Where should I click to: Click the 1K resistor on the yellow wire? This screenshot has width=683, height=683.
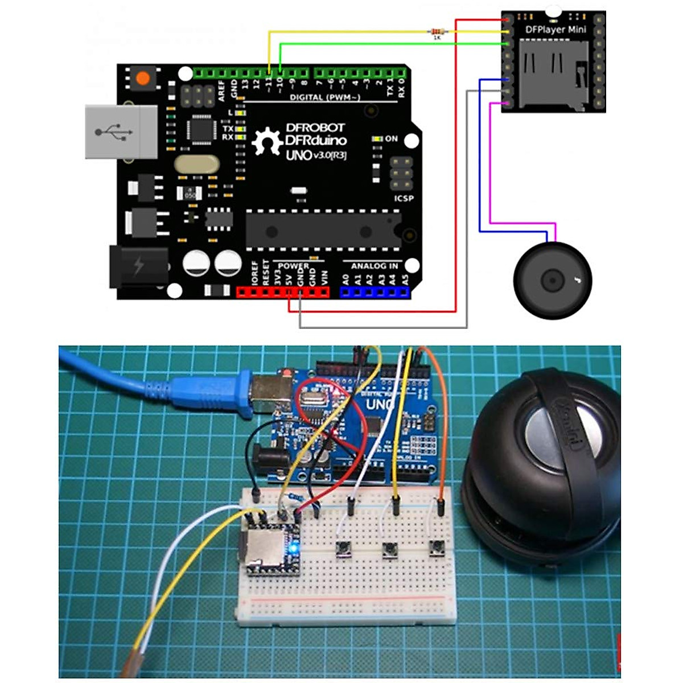[437, 31]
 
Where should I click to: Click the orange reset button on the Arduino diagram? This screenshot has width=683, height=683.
[143, 77]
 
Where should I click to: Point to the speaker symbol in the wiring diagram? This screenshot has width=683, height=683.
[553, 280]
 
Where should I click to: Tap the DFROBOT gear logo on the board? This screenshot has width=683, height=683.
[267, 141]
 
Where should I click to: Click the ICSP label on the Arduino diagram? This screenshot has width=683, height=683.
[404, 198]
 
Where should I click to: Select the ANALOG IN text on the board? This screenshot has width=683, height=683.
[374, 266]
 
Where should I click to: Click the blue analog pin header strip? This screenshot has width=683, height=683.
[375, 292]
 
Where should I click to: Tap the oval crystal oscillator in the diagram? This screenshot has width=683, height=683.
[196, 164]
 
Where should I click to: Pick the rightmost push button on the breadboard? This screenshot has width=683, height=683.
[437, 549]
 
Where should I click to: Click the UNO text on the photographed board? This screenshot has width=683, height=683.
[380, 405]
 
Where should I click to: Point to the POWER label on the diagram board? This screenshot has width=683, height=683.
[294, 266]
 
